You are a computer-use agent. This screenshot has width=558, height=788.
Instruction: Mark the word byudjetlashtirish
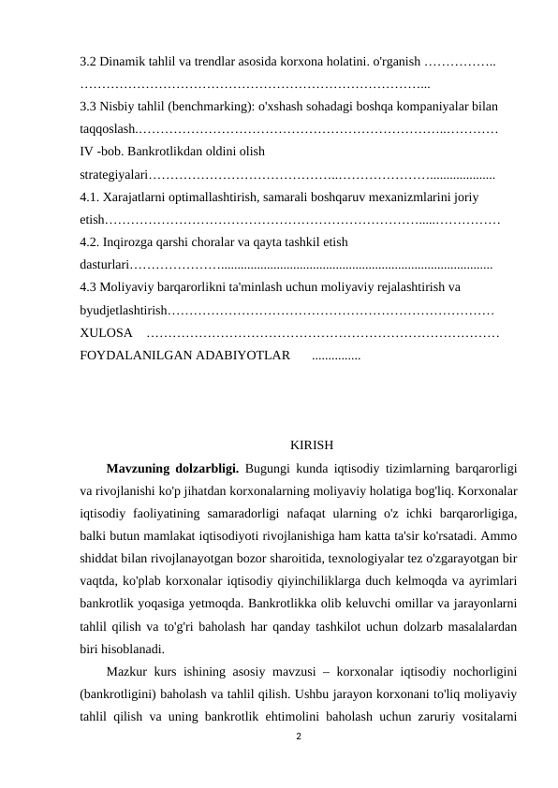pyautogui.click(x=125, y=310)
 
